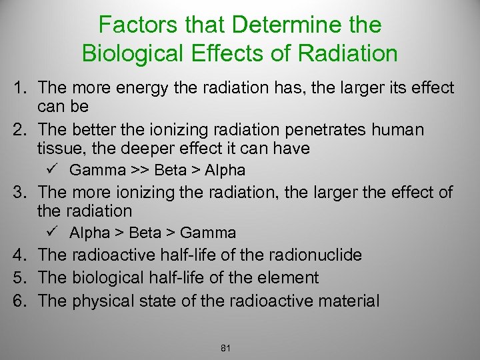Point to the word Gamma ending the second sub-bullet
pos(208,233)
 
